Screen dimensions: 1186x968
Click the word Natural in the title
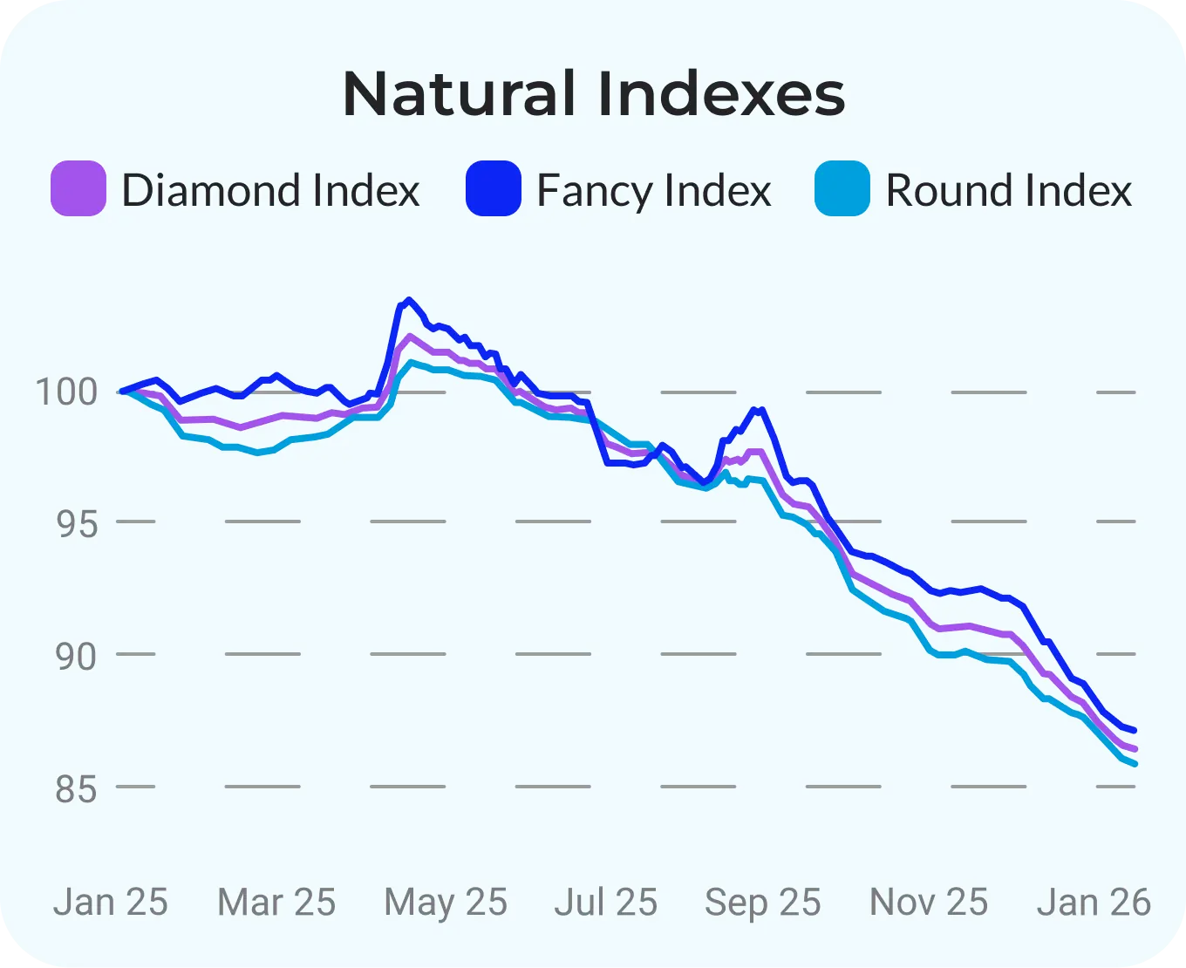460,93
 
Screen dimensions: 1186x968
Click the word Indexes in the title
721,93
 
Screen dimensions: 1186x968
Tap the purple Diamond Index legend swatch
78,188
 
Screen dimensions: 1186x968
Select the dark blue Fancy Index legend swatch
494,188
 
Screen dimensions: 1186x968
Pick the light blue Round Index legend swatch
842,188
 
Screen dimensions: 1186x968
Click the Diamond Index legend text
270,190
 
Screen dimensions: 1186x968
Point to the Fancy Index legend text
654,191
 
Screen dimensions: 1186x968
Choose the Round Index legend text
1009,190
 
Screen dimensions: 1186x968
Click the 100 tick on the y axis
67,392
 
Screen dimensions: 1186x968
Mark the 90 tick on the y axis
77,656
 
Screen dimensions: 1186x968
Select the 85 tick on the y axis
77,788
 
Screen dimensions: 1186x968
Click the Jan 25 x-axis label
111,903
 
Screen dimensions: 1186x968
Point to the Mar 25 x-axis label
276,903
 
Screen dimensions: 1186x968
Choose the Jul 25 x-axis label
606,903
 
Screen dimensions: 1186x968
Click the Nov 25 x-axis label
929,903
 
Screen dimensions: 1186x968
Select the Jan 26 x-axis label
1094,903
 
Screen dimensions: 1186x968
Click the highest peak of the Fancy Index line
409,300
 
